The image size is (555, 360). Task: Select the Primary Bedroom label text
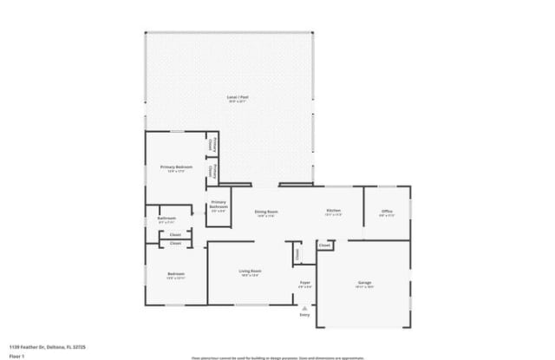(176, 167)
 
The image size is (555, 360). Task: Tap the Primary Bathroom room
(219, 206)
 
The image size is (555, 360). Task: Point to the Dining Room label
(265, 213)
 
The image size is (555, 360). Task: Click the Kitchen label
(333, 212)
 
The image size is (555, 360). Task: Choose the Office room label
(387, 212)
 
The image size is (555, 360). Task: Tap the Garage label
(365, 283)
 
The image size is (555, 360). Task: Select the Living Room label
(250, 272)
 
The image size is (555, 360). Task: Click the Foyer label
(305, 283)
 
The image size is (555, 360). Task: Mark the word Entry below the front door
(304, 315)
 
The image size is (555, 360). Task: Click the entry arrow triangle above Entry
(304, 307)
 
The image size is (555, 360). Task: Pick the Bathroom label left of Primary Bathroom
(167, 219)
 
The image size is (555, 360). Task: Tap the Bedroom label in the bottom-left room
(176, 275)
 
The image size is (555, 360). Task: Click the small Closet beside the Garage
(324, 245)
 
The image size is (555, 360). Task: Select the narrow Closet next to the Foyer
(297, 254)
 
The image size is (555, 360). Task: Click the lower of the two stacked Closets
(175, 244)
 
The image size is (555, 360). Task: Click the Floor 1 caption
(16, 356)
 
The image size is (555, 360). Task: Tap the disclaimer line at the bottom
(278, 357)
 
